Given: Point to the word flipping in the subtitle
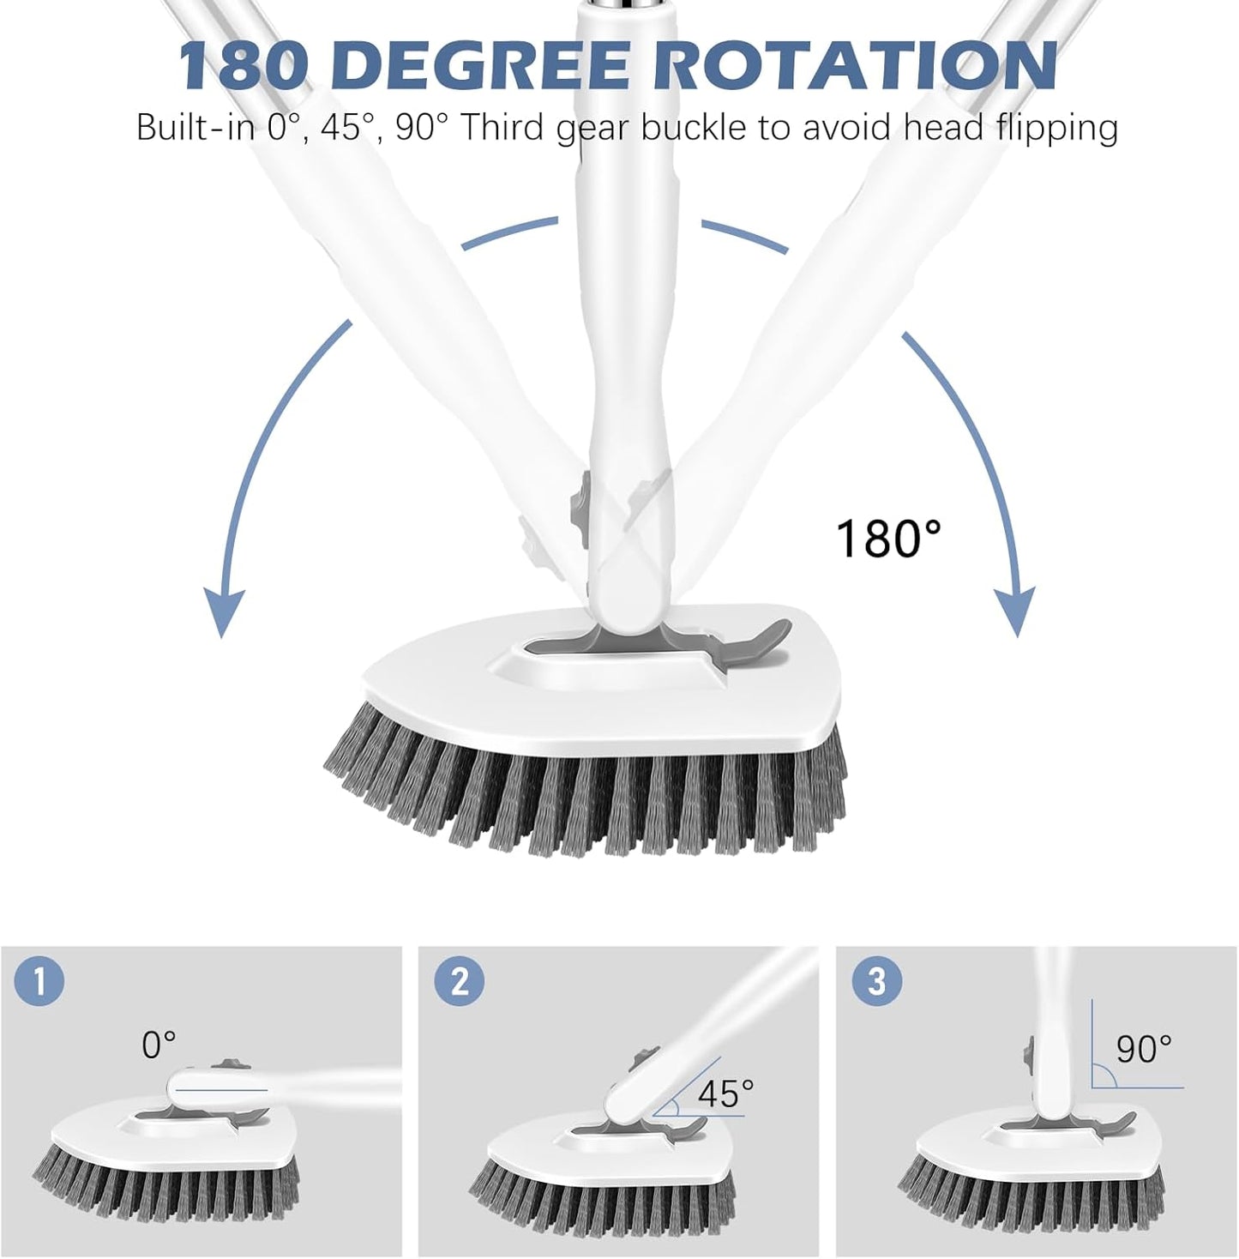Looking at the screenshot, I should (x=1056, y=129).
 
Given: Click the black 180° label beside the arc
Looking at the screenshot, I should (x=888, y=539).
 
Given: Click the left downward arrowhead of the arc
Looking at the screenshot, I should (x=222, y=611).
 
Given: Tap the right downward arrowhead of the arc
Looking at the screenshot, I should (x=1016, y=611).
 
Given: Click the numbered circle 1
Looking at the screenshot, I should (x=39, y=980).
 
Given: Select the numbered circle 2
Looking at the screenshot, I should (x=458, y=980).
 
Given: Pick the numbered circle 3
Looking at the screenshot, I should (x=876, y=980).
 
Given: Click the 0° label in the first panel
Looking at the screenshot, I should (x=159, y=1045).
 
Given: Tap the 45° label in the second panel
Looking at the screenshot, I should (x=725, y=1093).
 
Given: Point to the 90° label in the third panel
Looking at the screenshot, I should (x=1144, y=1048).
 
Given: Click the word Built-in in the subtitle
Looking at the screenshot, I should (x=196, y=129).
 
